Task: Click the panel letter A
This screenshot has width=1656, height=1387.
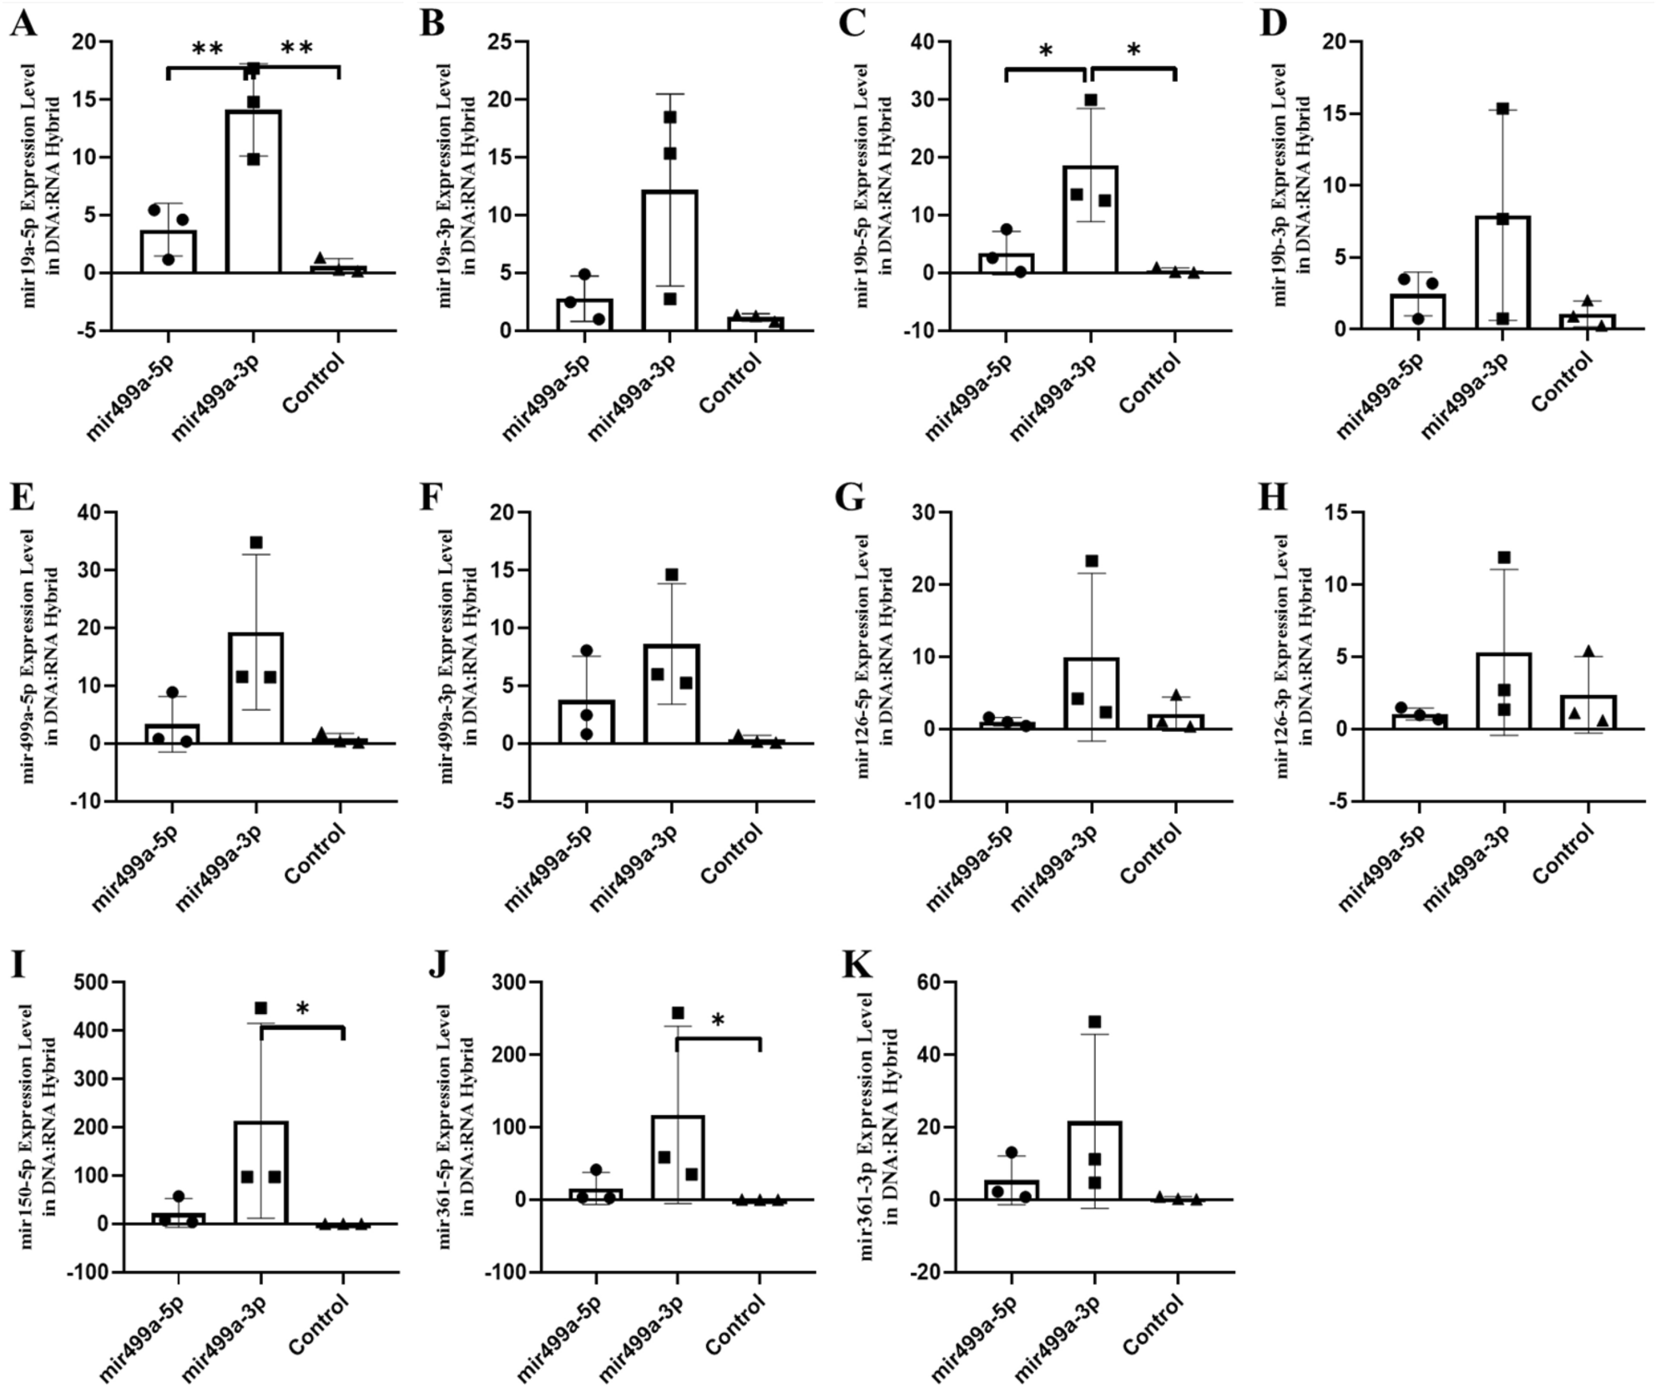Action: (x=23, y=23)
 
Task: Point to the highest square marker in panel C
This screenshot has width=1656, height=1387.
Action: (x=1091, y=100)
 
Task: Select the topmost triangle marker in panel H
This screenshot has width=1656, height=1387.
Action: (x=1588, y=651)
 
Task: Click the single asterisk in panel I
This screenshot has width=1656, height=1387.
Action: (x=302, y=1009)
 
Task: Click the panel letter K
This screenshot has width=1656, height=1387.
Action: (x=857, y=965)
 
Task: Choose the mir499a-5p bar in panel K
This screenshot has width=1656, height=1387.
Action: (x=1011, y=1189)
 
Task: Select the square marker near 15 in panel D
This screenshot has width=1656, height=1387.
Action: (x=1502, y=108)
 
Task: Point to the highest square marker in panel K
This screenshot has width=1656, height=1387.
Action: (x=1094, y=1022)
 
